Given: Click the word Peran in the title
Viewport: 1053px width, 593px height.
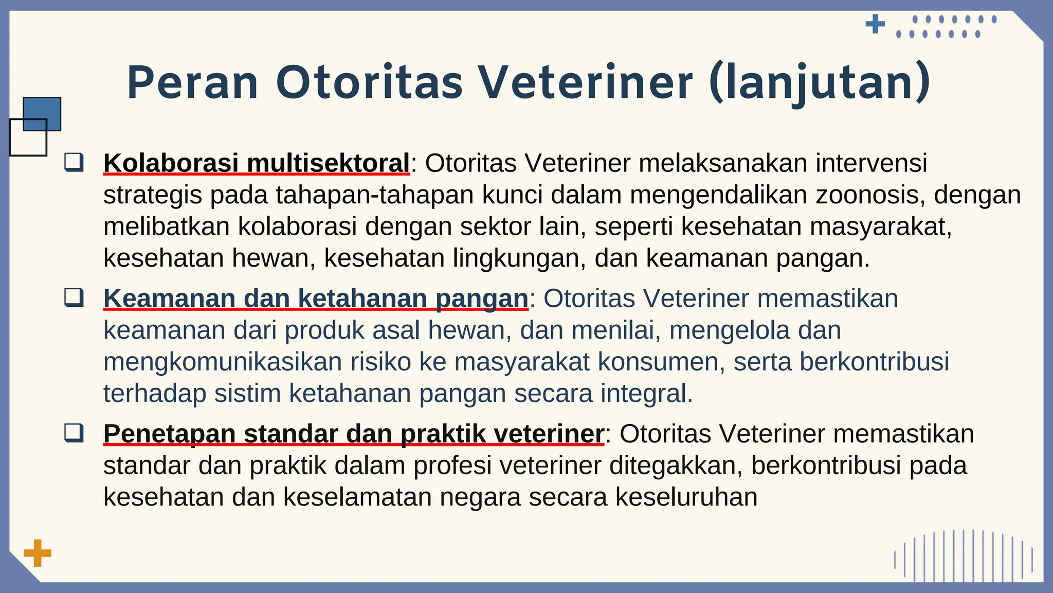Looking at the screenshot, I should (x=192, y=83).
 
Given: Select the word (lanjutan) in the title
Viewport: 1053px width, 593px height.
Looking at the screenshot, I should (x=820, y=83).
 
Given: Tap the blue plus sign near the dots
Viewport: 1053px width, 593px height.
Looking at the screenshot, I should (x=875, y=24).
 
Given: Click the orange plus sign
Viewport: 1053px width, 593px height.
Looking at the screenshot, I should (x=38, y=553).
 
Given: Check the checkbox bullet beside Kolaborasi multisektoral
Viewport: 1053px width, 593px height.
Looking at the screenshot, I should (x=74, y=162).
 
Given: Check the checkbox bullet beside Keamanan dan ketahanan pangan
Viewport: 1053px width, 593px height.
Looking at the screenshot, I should (x=74, y=298).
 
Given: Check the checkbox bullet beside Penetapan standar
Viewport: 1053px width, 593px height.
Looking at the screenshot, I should (x=74, y=433).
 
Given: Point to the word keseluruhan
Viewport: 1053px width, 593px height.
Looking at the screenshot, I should (x=686, y=497).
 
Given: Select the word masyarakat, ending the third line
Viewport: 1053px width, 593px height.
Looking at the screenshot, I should (x=881, y=227).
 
